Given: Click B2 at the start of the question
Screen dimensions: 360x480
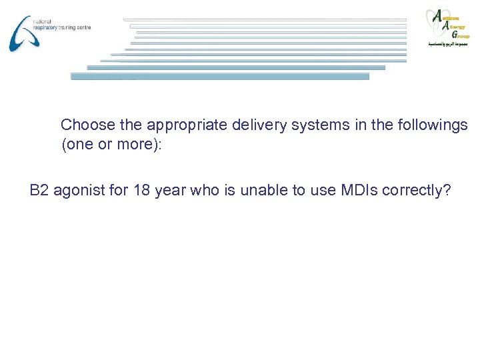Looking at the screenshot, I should pos(39,191).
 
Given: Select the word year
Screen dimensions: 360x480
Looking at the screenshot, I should pos(169,191).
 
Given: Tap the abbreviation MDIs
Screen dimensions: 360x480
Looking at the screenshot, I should pos(360,191).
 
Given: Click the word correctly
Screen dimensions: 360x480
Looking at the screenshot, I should pos(415,191).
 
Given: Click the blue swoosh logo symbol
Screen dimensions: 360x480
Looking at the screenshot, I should pos(21,33).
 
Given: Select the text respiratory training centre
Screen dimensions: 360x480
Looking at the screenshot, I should pos(61,28).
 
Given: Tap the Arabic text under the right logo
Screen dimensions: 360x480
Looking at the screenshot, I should pos(448,44).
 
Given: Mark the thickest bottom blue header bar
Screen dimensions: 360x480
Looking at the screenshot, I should pos(220,76).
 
